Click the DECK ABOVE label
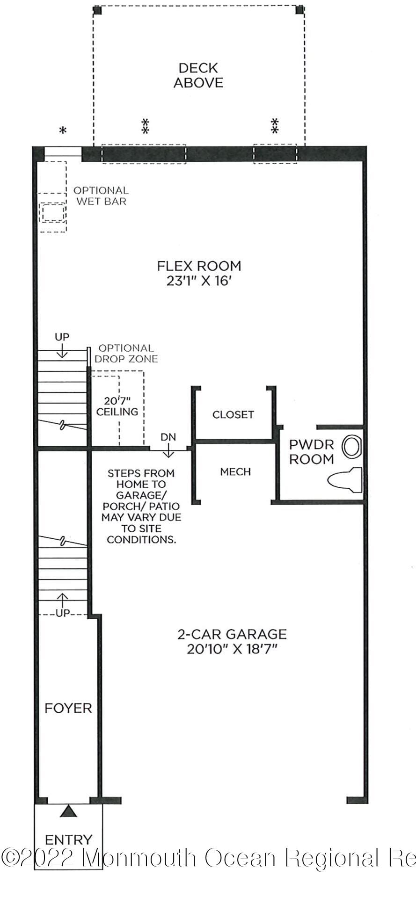coord(198,75)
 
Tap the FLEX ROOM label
coord(199,266)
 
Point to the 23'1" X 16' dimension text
coord(199,281)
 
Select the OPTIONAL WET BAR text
coord(101,196)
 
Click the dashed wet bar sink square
coord(52,213)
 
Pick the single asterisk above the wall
coord(63,131)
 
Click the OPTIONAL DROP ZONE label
coord(126,354)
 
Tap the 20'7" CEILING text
coord(117,406)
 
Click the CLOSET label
coord(233,414)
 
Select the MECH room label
coord(235,472)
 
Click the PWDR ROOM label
coord(311,452)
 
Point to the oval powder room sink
coord(352,447)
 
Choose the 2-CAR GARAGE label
coord(232,634)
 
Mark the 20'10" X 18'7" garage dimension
coord(232,649)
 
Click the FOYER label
coord(68,708)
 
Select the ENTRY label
coord(69,839)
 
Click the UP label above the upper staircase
coord(62,337)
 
